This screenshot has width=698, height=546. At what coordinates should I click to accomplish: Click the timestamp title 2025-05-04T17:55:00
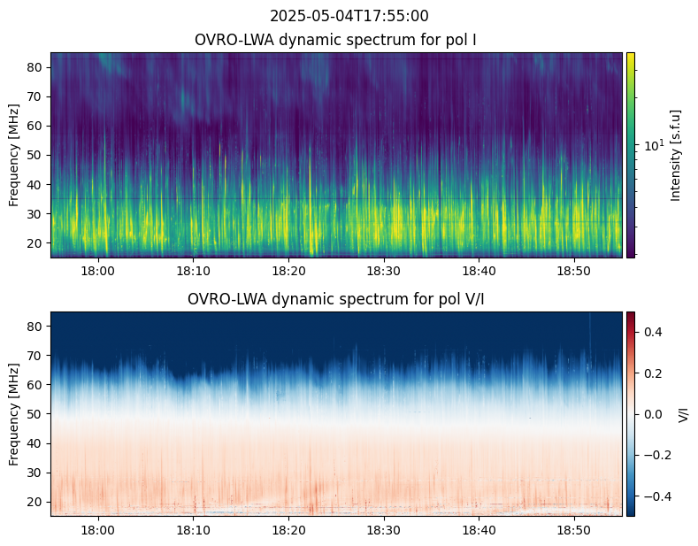click(349, 16)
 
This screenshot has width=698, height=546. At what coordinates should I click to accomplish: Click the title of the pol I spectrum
click(335, 40)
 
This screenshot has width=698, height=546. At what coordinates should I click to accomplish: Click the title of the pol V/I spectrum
click(335, 299)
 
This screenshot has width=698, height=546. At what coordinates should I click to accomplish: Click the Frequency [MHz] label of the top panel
click(14, 155)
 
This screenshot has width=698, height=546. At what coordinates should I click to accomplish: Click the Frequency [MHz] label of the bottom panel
click(14, 414)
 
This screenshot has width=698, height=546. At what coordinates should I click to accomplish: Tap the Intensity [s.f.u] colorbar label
click(677, 155)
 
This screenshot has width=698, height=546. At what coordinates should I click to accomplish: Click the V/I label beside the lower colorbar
click(683, 414)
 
